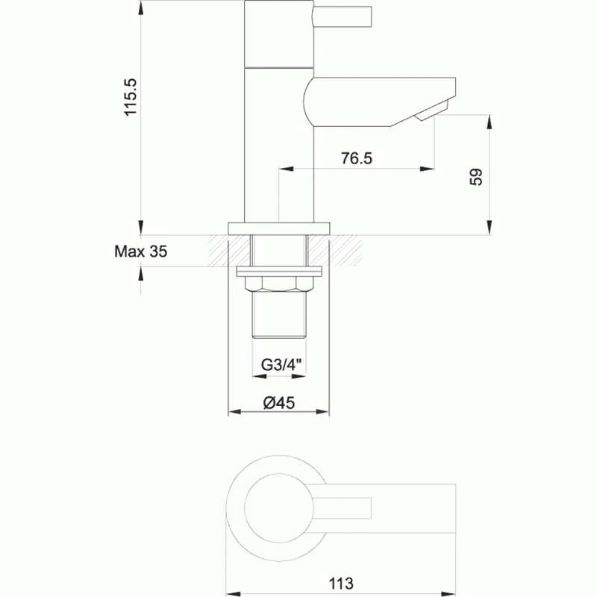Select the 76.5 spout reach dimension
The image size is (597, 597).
click(x=356, y=158)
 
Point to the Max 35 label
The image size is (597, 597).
click(x=140, y=251)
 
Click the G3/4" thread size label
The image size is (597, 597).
click(x=280, y=365)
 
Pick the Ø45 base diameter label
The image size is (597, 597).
click(x=280, y=402)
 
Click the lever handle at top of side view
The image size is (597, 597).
click(x=343, y=16)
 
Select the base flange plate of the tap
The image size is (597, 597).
click(x=279, y=228)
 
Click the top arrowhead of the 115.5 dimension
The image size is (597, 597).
click(x=141, y=6)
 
